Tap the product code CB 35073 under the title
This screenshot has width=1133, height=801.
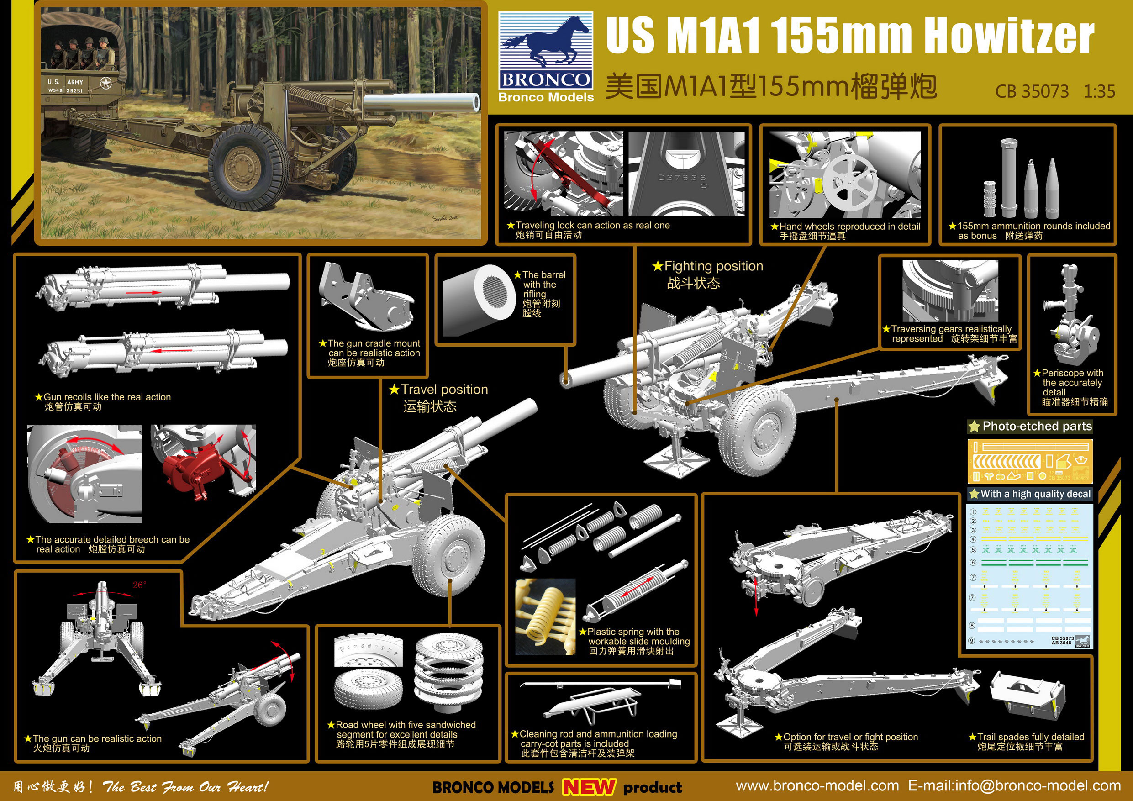point(1031,91)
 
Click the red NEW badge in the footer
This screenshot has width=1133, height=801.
point(589,787)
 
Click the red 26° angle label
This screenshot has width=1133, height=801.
point(139,585)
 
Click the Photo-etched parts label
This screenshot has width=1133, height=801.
point(1036,427)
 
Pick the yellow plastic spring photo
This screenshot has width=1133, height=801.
point(545,617)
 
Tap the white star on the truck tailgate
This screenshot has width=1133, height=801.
point(106,83)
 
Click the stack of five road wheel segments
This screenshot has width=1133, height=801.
point(448,671)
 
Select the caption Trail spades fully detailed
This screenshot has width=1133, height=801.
point(1030,737)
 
